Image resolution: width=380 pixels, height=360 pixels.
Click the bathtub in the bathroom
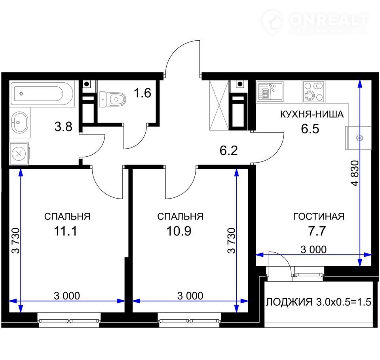42,93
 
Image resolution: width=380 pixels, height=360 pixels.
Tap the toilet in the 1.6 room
112,99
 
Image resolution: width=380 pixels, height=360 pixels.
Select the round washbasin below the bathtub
19,122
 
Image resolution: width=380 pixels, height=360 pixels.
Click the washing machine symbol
19,153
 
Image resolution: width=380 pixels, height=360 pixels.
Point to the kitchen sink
270,91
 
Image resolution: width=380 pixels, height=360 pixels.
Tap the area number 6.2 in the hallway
228,150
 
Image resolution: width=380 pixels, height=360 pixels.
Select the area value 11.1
65,231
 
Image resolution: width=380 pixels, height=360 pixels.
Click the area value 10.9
179,231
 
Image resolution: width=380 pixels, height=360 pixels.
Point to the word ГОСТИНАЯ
319,216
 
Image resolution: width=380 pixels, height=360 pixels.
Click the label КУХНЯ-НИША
312,114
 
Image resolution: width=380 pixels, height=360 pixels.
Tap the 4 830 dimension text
355,173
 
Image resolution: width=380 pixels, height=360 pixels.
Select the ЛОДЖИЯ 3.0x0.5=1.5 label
319,302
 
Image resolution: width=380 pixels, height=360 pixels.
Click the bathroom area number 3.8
63,127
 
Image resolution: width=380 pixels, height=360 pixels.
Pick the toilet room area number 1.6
142,93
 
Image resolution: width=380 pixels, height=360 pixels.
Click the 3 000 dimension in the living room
313,250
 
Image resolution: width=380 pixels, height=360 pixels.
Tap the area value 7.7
317,231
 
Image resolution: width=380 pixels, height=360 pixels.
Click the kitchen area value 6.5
310,129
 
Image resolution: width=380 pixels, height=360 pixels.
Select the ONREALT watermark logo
315,22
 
